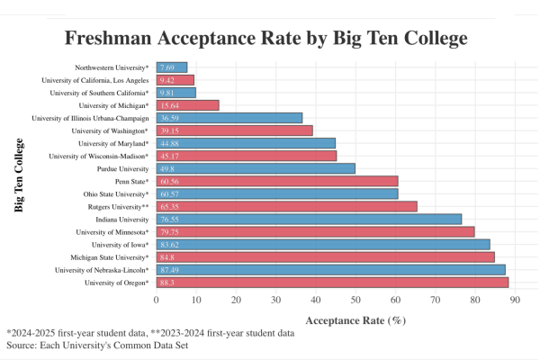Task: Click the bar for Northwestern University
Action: pos(172,67)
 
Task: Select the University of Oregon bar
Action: pos(332,283)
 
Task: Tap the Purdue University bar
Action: pos(256,168)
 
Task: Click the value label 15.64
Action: pos(168,105)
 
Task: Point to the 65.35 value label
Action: pos(168,206)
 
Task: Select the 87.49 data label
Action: pos(168,270)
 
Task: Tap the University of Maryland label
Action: pos(112,143)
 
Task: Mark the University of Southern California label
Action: pos(99,93)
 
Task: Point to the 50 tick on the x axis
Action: pos(355,300)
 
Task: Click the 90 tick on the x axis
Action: pos(515,300)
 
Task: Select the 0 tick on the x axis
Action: pos(156,300)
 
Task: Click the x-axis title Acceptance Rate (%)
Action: pos(356,319)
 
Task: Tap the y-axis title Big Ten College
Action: pos(19,175)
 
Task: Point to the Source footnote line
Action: pos(97,346)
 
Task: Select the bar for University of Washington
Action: pos(234,130)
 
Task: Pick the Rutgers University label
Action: pos(113,206)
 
